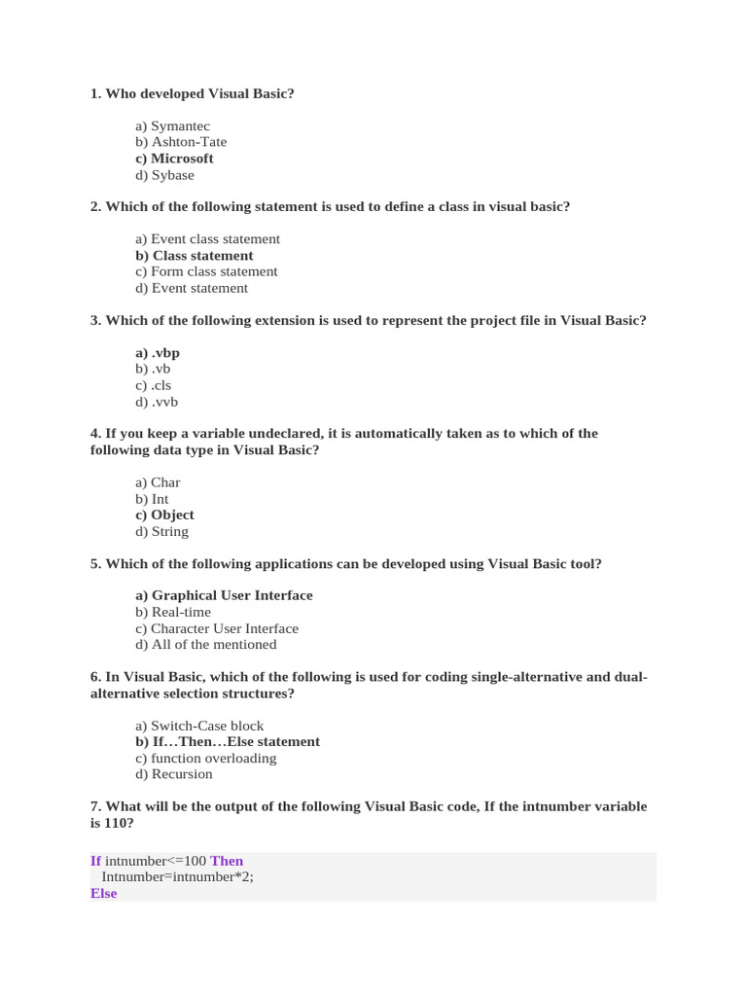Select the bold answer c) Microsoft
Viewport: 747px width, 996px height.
tap(175, 159)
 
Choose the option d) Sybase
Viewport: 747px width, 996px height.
tap(165, 175)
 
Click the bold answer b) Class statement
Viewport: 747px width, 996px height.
tap(195, 256)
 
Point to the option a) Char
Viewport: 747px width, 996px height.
tap(159, 482)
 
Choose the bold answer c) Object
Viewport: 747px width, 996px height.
tap(165, 515)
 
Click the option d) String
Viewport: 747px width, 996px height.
tap(162, 531)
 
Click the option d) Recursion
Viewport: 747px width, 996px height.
tap(174, 774)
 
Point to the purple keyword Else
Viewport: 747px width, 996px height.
tap(103, 893)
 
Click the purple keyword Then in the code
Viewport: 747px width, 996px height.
tap(227, 861)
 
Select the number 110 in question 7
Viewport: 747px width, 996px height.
tap(116, 823)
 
